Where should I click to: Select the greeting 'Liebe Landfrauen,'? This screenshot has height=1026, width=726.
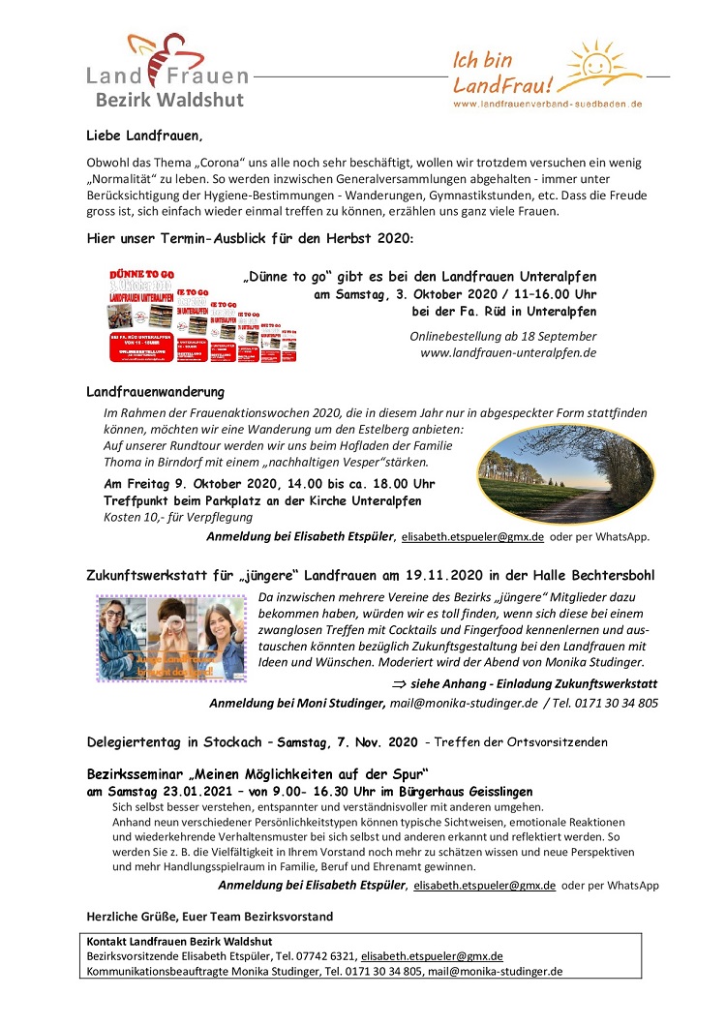[x=145, y=135]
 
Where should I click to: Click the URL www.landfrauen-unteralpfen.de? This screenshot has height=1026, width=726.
[x=508, y=353]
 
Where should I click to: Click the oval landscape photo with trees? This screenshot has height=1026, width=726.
[x=553, y=476]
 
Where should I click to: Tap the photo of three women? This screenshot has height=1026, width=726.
[x=171, y=639]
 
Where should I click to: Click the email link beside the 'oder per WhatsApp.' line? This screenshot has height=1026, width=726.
[x=472, y=536]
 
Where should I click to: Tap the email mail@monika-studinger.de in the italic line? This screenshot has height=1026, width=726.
[x=464, y=703]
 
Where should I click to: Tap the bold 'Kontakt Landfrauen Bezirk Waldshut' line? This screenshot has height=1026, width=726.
[x=179, y=942]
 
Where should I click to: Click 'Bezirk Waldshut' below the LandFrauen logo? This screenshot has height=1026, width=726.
[x=169, y=100]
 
